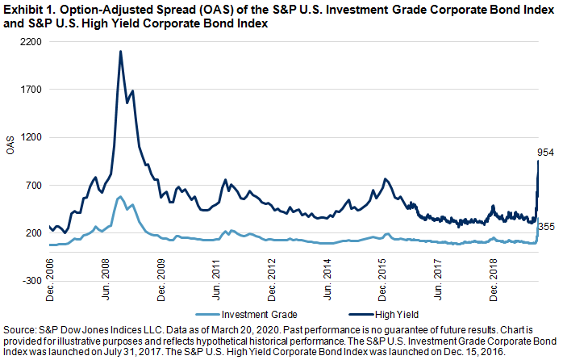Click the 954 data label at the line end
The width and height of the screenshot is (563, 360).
click(545, 152)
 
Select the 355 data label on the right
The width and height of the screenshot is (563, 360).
click(546, 227)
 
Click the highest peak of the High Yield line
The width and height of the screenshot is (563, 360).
click(120, 52)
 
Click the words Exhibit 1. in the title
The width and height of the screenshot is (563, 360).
click(26, 8)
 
